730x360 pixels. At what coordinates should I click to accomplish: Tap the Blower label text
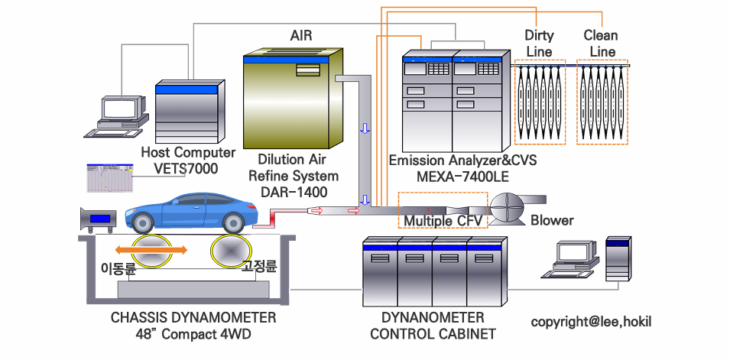552,221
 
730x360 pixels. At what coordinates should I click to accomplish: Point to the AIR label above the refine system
301,35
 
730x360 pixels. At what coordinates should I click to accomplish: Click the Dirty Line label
539,44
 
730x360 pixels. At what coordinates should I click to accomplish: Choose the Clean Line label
600,44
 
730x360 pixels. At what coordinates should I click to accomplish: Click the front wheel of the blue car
141,222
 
